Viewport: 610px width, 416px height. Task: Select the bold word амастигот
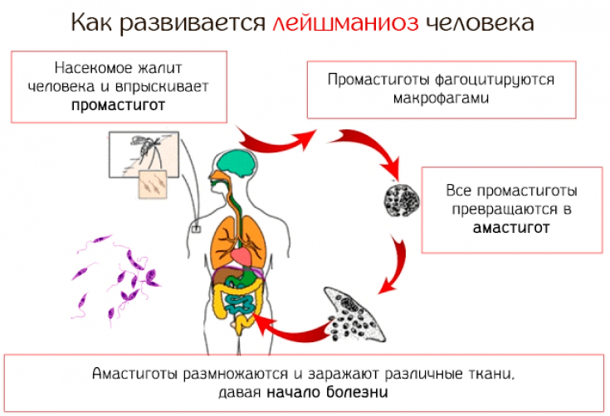pyautogui.click(x=512, y=228)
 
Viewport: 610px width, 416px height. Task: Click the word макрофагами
pyautogui.click(x=441, y=98)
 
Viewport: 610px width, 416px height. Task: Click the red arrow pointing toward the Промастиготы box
pyautogui.click(x=274, y=138)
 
